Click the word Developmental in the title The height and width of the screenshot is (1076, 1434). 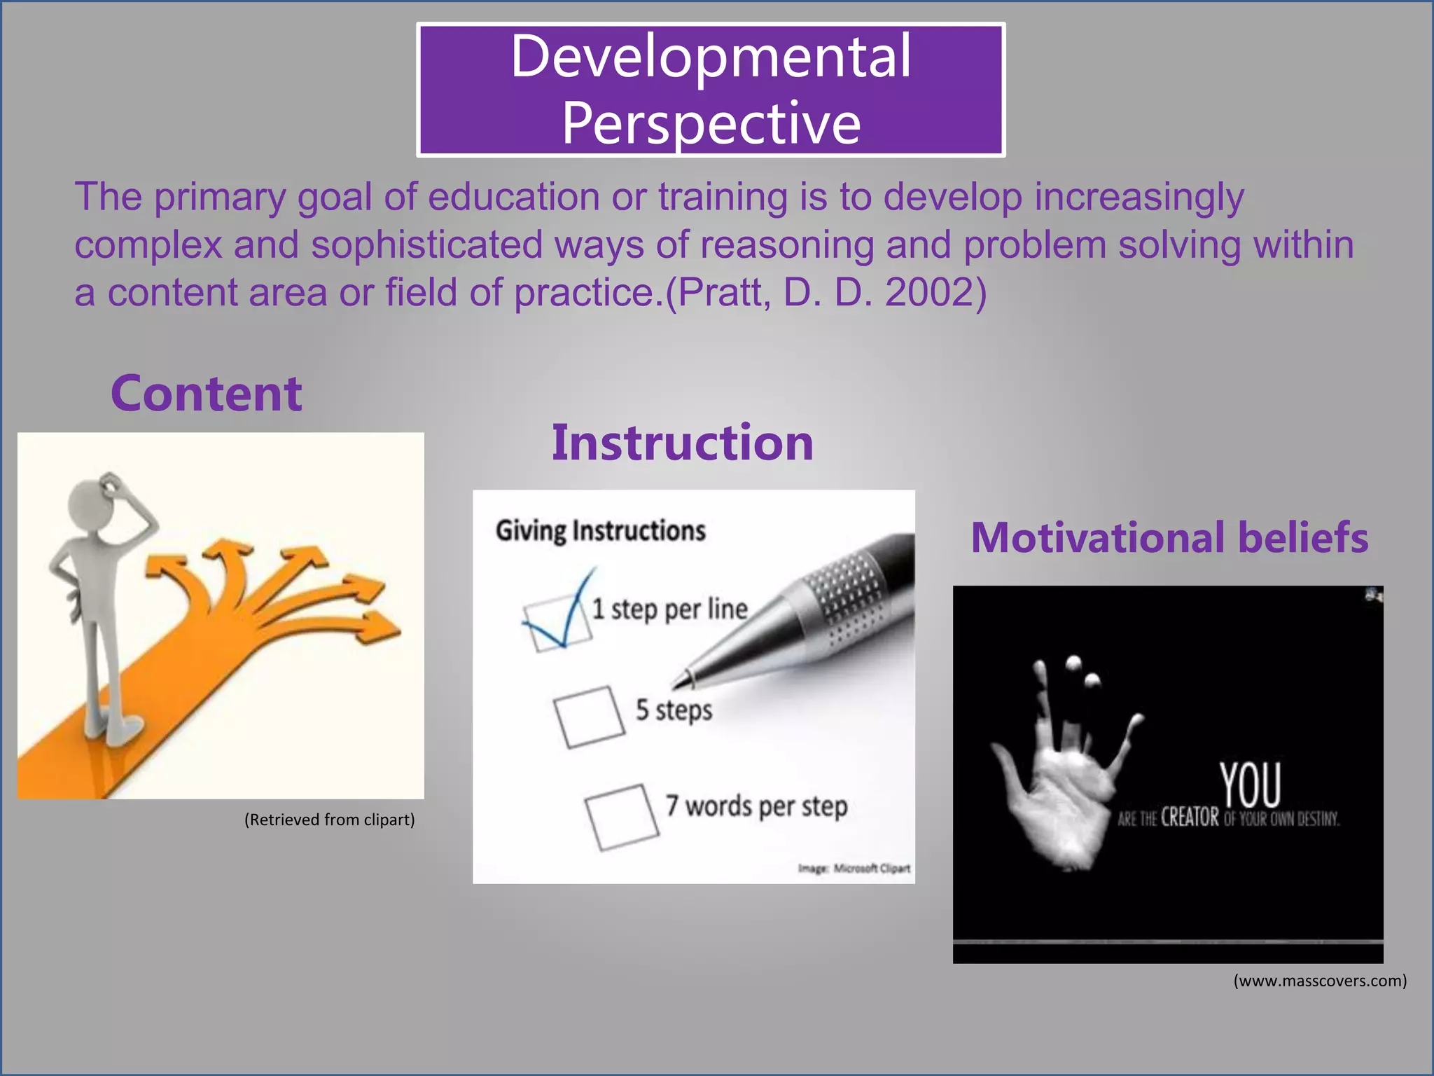click(711, 57)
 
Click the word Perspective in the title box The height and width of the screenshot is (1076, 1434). click(711, 123)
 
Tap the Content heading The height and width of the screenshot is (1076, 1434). click(207, 394)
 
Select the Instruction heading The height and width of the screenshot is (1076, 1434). click(682, 443)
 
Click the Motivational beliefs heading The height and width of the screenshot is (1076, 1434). click(1169, 538)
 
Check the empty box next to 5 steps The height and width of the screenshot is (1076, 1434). click(589, 716)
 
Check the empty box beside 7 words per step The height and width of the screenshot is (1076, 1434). click(622, 816)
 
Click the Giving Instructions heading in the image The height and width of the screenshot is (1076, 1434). click(600, 531)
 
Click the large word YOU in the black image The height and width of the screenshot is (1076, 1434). click(1250, 785)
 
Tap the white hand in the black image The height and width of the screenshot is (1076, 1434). click(1057, 785)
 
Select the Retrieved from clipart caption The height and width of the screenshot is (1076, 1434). click(329, 820)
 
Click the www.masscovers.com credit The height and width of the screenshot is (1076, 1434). click(1319, 981)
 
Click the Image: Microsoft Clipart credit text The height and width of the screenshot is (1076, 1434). click(854, 869)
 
